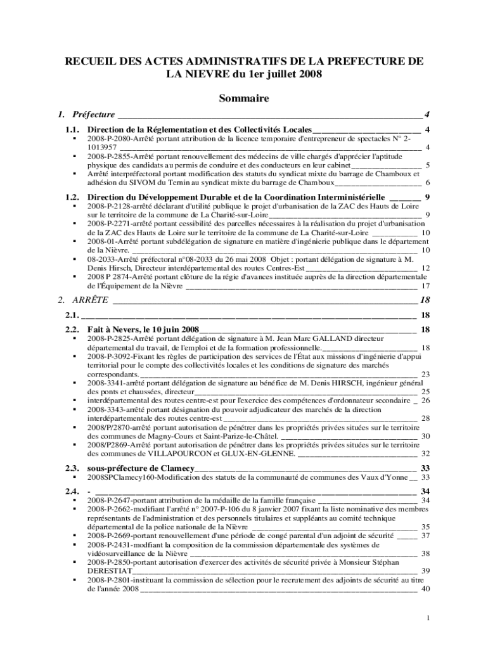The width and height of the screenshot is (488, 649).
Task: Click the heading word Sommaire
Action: (x=244, y=98)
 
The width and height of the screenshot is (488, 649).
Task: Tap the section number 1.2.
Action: (x=72, y=196)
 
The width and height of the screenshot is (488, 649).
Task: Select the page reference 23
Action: (x=426, y=374)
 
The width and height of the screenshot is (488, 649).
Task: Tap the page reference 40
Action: (x=426, y=588)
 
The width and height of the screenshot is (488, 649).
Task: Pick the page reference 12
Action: (x=426, y=267)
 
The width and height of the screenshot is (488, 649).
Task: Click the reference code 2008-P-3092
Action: (x=110, y=356)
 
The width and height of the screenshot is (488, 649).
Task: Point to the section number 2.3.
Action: (x=72, y=468)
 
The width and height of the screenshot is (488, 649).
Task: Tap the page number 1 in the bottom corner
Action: (x=429, y=618)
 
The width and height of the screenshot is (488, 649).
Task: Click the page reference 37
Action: (x=426, y=535)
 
